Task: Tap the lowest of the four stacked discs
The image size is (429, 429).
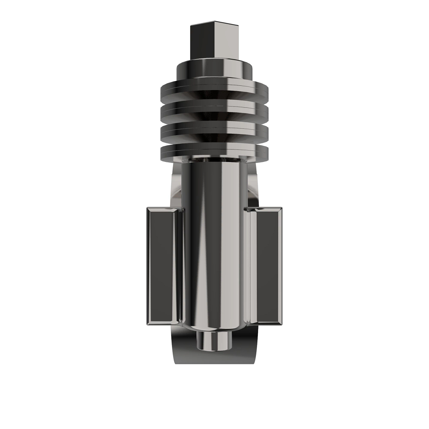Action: [x=214, y=152]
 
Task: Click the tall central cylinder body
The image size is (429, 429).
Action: [x=214, y=243]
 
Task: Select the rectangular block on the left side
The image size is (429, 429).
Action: [x=161, y=266]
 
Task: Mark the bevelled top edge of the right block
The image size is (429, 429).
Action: [x=267, y=209]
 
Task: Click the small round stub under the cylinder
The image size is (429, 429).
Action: [x=214, y=340]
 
